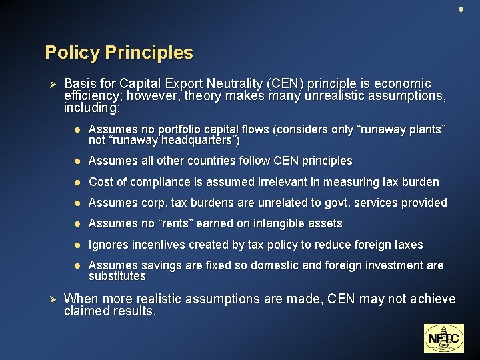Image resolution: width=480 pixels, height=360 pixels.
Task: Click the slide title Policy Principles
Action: point(119,53)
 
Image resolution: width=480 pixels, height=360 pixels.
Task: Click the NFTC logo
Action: point(443,338)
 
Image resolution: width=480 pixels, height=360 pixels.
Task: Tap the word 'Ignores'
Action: point(108,245)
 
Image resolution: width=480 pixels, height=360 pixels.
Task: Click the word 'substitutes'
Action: point(117,276)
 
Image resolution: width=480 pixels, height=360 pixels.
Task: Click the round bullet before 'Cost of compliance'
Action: point(77,182)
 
